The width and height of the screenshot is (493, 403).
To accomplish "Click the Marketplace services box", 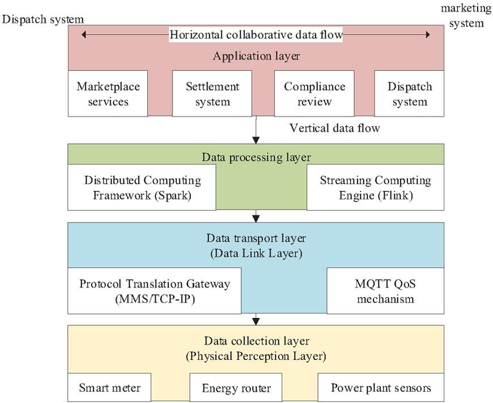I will pyautogui.click(x=102, y=92).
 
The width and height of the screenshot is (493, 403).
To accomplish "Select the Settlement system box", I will pyautogui.click(x=205, y=92).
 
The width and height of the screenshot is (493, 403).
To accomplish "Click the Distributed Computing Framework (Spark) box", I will pyautogui.click(x=142, y=187).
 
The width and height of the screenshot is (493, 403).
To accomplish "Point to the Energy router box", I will pyautogui.click(x=237, y=389).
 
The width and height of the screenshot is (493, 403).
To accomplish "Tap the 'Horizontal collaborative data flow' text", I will pyautogui.click(x=256, y=35).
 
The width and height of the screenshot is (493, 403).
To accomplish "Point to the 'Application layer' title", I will pyautogui.click(x=255, y=56).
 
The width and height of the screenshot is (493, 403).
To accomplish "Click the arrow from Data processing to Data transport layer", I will pyautogui.click(x=255, y=216).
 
